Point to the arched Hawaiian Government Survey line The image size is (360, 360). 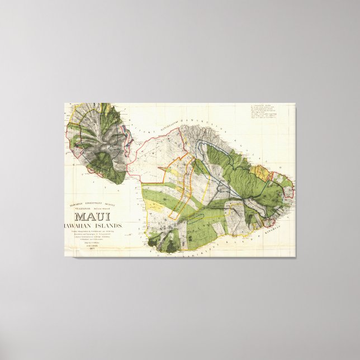click(x=89, y=203)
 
